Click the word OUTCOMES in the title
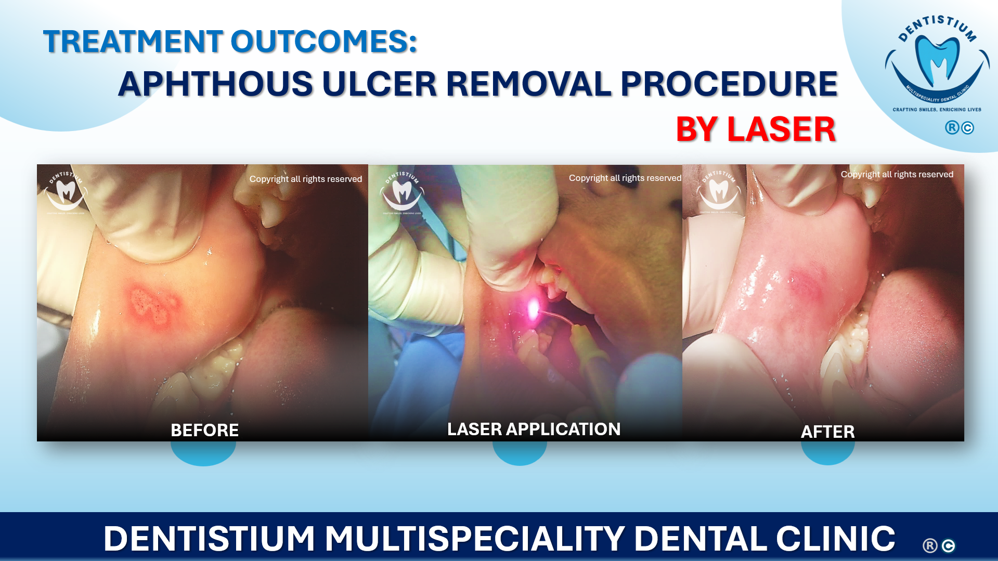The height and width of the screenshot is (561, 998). pyautogui.click(x=323, y=42)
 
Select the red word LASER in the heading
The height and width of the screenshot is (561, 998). pyautogui.click(x=781, y=129)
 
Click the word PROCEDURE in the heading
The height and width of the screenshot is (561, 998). pyautogui.click(x=729, y=84)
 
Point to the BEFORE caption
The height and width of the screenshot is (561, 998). pyautogui.click(x=204, y=430)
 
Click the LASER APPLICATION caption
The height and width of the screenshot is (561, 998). pyautogui.click(x=534, y=429)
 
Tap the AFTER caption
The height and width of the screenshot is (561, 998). pyautogui.click(x=827, y=432)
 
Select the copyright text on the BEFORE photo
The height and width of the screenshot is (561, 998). pyautogui.click(x=305, y=179)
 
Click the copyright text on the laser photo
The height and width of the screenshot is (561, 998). pyautogui.click(x=625, y=178)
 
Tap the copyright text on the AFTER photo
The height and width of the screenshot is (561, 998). pyautogui.click(x=897, y=174)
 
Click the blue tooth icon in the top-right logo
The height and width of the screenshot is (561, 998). pyautogui.click(x=937, y=60)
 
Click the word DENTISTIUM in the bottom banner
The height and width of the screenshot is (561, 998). pyautogui.click(x=209, y=539)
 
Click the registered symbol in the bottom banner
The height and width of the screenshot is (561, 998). pyautogui.click(x=930, y=545)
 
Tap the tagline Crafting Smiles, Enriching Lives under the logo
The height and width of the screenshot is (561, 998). pyautogui.click(x=937, y=110)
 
